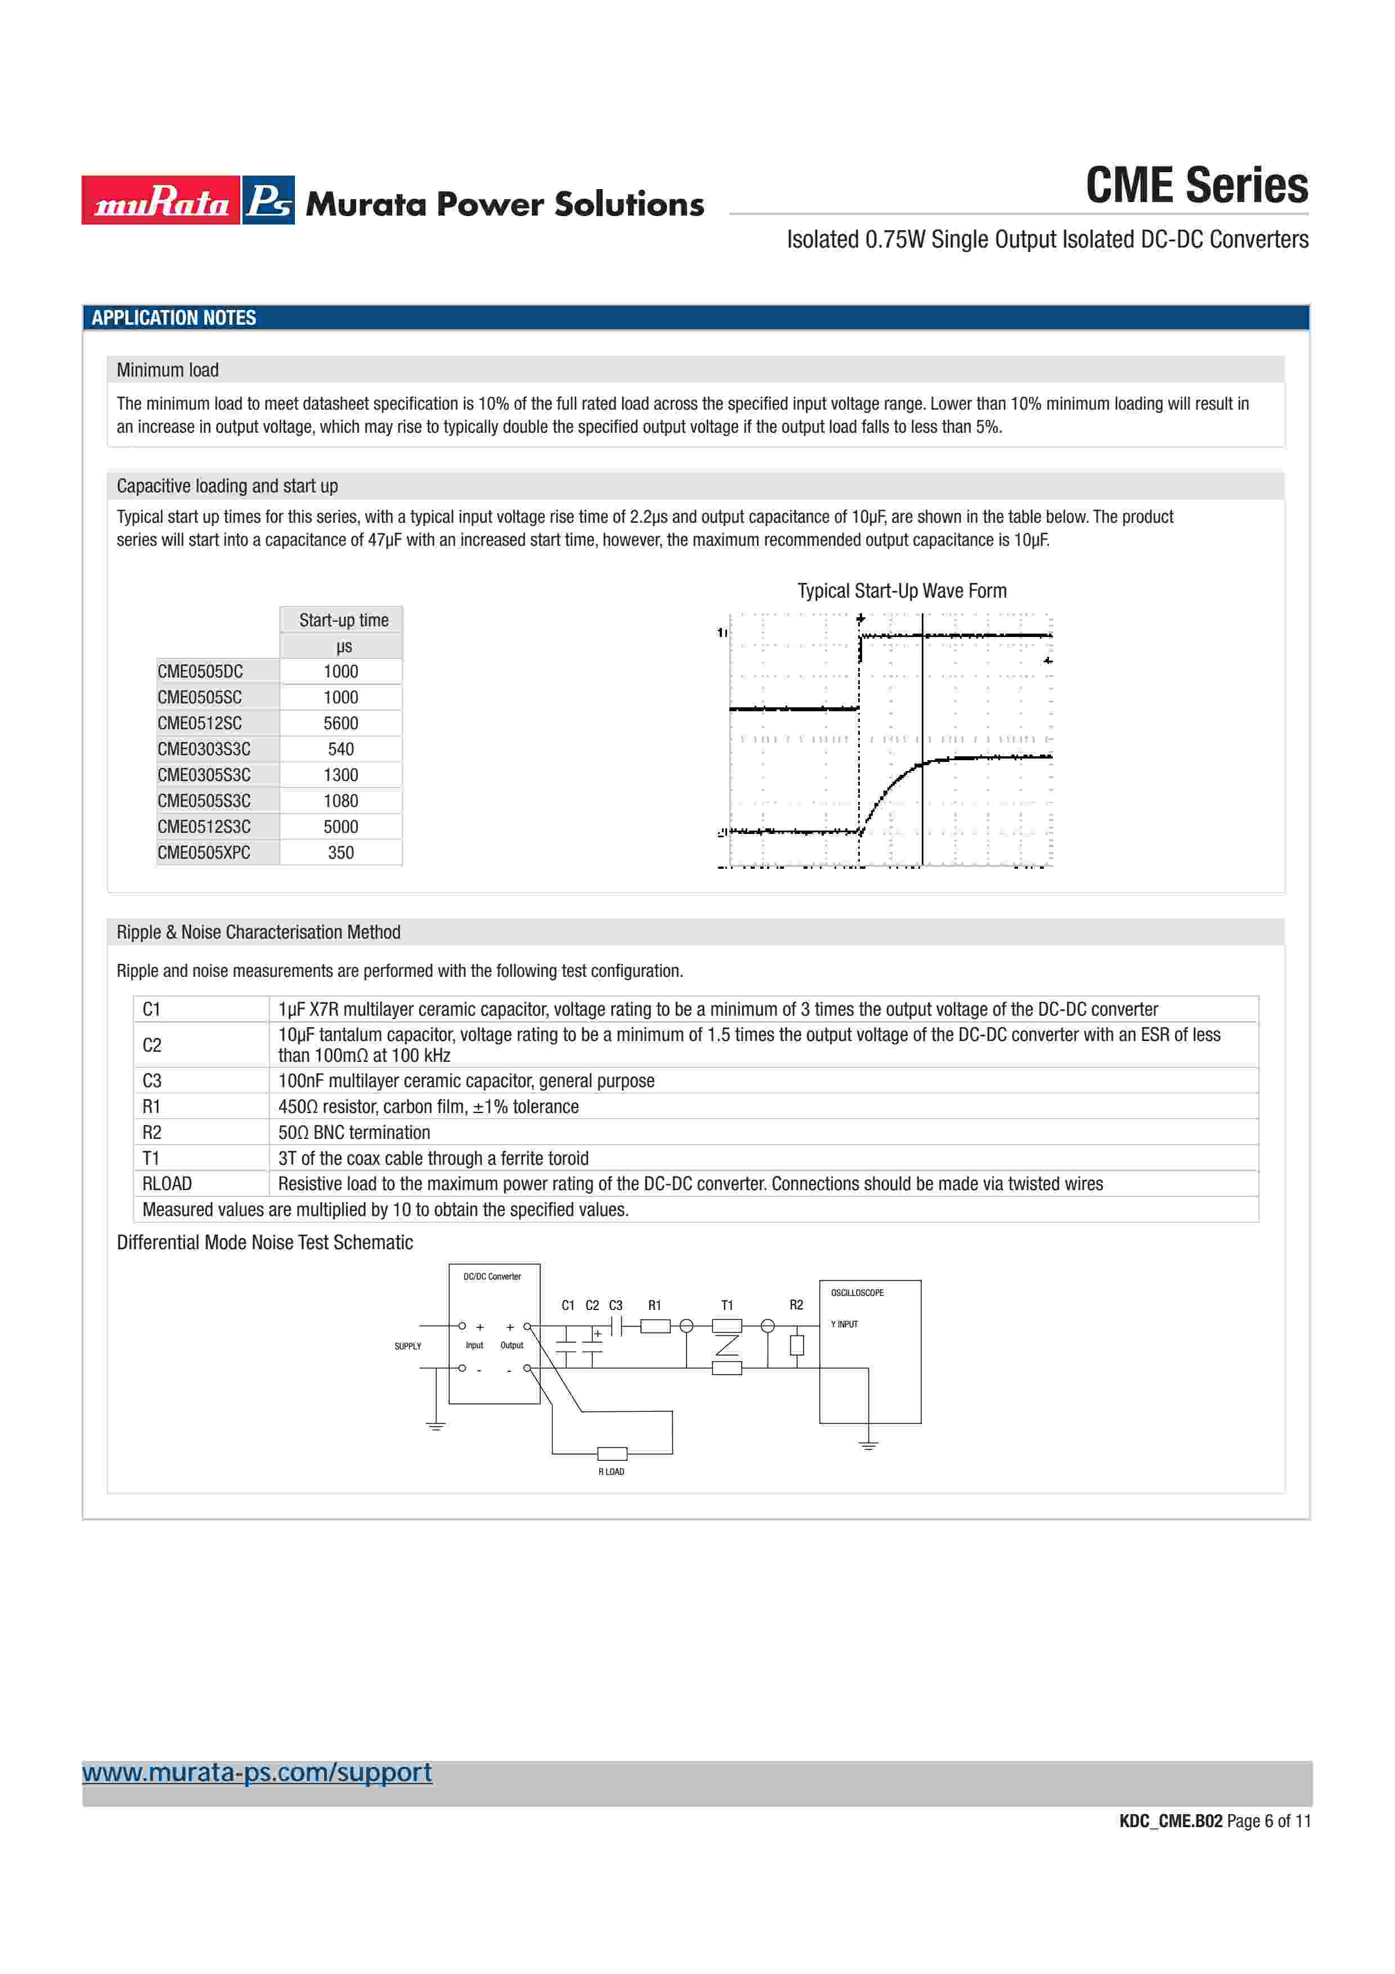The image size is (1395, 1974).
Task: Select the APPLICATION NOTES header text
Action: tap(174, 318)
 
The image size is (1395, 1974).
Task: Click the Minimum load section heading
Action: tap(168, 370)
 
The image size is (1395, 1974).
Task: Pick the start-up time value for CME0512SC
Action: tap(340, 723)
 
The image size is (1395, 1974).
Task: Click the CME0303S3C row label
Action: tap(204, 749)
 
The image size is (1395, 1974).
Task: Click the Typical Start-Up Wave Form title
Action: tap(901, 591)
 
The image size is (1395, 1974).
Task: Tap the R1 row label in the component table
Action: tap(151, 1106)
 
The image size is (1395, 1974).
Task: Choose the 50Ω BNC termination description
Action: tap(354, 1132)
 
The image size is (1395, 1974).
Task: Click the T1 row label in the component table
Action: tap(151, 1158)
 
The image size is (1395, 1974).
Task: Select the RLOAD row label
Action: tap(167, 1184)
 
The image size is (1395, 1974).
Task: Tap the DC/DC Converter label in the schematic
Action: tap(492, 1277)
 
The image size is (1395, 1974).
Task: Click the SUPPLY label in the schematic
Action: tap(407, 1347)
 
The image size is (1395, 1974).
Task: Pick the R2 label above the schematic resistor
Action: tap(796, 1305)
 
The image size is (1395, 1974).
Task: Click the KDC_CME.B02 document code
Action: tap(1170, 1821)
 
